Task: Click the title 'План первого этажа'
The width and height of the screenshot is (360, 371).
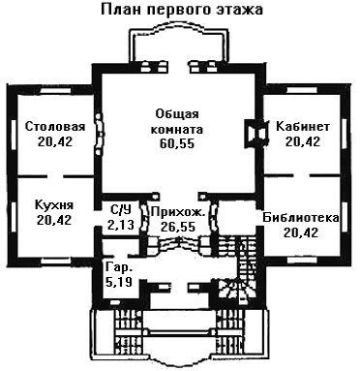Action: click(x=182, y=10)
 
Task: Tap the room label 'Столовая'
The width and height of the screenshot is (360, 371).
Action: click(x=55, y=126)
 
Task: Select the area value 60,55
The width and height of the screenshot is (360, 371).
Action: click(x=177, y=143)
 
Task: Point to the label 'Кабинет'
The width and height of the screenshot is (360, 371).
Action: click(x=303, y=126)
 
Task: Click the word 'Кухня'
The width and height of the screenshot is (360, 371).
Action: click(x=54, y=204)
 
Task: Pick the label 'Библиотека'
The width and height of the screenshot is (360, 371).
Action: click(x=301, y=218)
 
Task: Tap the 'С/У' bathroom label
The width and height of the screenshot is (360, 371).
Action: click(x=121, y=210)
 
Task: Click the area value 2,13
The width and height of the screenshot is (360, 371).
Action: click(x=120, y=225)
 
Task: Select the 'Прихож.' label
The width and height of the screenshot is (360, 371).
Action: click(x=178, y=212)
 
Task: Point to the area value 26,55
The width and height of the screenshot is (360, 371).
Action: click(x=178, y=227)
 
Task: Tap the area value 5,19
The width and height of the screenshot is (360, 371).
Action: click(x=119, y=282)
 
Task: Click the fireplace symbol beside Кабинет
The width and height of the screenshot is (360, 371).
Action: click(x=256, y=133)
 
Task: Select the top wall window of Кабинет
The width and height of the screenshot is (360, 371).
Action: click(x=302, y=90)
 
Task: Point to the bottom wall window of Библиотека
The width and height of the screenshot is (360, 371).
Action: click(x=303, y=261)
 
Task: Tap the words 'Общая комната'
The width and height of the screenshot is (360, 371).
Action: click(x=177, y=122)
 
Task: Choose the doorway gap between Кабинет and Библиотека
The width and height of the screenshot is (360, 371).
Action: click(x=302, y=175)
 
